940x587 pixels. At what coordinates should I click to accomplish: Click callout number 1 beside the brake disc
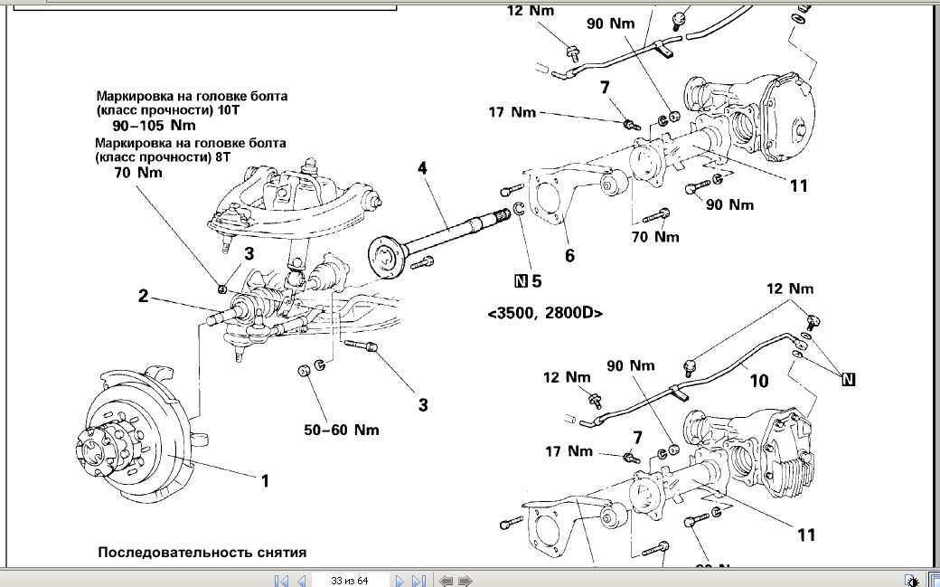[x=265, y=481]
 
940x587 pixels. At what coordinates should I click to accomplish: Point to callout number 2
[x=143, y=295]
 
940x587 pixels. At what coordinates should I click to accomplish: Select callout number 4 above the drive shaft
[x=422, y=168]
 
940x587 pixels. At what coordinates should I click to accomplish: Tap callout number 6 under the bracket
[x=569, y=256]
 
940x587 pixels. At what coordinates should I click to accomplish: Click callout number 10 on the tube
[x=759, y=381]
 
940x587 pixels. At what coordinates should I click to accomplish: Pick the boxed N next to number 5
[x=520, y=281]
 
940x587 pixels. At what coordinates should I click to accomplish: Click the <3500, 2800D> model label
[x=545, y=313]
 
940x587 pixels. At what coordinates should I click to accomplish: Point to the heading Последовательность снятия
[x=202, y=552]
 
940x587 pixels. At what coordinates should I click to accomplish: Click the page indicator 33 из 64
[x=350, y=580]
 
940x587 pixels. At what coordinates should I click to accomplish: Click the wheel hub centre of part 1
[x=91, y=450]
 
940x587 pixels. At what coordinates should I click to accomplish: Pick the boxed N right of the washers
[x=848, y=380]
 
